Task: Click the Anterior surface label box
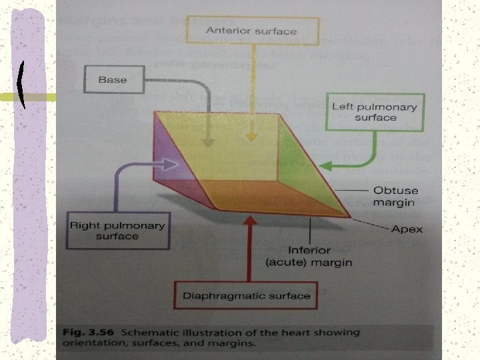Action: coord(251,31)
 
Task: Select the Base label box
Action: coord(112,81)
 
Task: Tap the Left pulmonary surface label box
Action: coord(375,112)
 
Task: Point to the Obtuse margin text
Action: coord(393,197)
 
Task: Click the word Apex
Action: coord(407,229)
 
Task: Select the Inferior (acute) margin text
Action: coord(308,257)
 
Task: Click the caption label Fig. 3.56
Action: coord(83,332)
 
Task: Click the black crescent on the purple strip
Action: coord(23,85)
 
